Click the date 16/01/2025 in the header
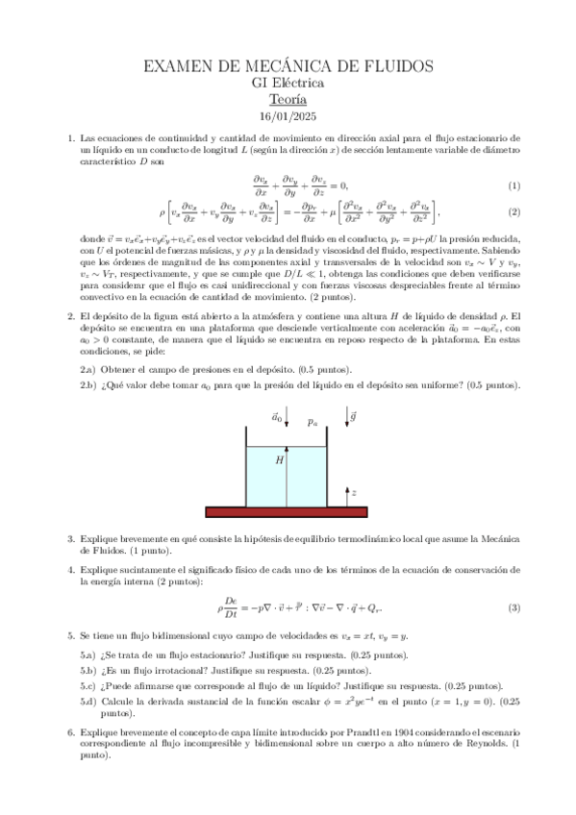(x=288, y=117)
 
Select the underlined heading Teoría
(x=288, y=99)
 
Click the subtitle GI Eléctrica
(x=288, y=83)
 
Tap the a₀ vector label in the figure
(x=277, y=417)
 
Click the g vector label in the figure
(x=354, y=417)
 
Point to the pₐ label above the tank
(x=312, y=421)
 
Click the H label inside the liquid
(x=280, y=460)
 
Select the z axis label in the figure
(x=354, y=492)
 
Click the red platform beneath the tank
(x=288, y=511)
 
